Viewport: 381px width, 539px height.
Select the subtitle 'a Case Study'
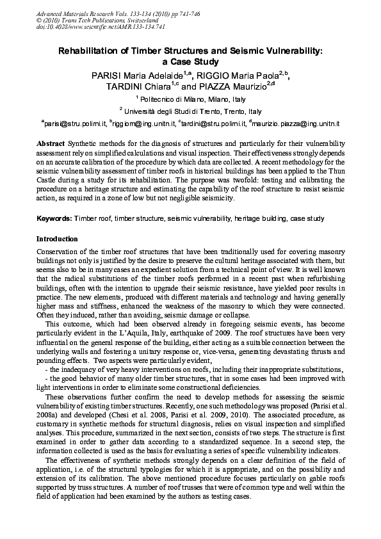[191, 62]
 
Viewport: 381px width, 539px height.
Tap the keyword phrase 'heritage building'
[261, 219]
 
